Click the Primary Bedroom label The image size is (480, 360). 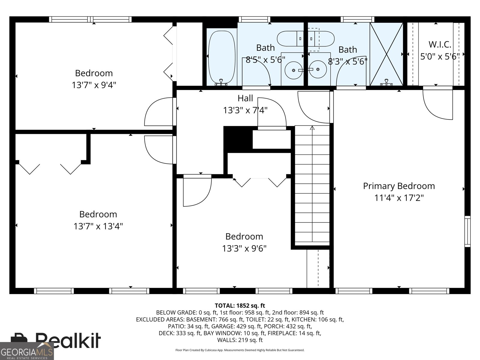click(x=399, y=186)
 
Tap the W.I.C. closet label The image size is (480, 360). click(x=440, y=44)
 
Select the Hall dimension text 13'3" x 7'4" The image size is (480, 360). click(x=245, y=110)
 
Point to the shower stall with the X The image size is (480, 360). click(x=386, y=54)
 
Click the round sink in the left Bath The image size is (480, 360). click(x=292, y=70)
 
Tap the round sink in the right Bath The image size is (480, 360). click(x=318, y=69)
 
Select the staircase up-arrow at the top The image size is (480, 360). click(x=312, y=128)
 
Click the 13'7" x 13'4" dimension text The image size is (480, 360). click(x=98, y=226)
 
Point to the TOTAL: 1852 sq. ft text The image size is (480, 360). click(x=240, y=306)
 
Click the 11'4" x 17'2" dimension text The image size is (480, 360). click(x=399, y=198)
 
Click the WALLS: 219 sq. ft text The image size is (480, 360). click(x=240, y=340)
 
